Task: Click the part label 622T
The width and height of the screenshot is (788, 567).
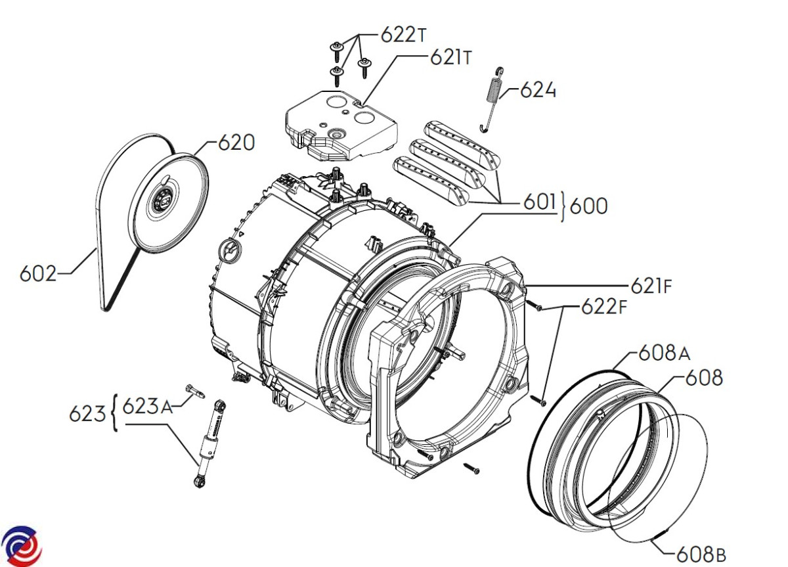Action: tap(403, 35)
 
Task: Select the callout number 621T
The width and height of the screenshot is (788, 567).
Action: tap(450, 57)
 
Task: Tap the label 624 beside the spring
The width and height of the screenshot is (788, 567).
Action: tap(538, 90)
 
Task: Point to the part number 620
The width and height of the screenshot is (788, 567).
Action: tap(236, 143)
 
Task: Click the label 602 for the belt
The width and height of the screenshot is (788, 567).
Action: tap(38, 273)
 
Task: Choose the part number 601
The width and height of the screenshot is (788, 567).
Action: tap(540, 202)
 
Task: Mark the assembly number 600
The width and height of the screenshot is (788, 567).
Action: tap(588, 206)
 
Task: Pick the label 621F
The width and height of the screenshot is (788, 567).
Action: tap(651, 286)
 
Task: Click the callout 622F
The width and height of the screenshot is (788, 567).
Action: tap(603, 307)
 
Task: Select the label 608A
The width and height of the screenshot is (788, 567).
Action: tap(664, 353)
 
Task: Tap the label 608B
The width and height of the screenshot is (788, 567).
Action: tap(701, 555)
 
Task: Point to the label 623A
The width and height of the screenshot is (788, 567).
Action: tap(147, 407)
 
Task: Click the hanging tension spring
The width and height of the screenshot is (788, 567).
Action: tap(491, 100)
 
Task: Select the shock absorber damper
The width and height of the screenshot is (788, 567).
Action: tap(210, 443)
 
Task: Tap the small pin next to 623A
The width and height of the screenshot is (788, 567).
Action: tap(195, 391)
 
